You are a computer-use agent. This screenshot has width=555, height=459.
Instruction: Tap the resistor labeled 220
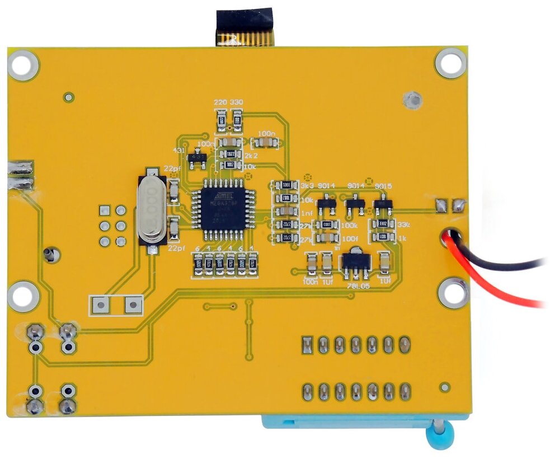point(222,121)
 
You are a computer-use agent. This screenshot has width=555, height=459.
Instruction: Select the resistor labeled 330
point(237,121)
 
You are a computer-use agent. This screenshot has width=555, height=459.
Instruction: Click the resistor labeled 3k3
point(286,185)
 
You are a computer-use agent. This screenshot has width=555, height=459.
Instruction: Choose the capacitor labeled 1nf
point(286,211)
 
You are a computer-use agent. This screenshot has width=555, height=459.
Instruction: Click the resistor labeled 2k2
point(228,153)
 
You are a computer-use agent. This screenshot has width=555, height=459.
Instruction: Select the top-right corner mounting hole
point(450,63)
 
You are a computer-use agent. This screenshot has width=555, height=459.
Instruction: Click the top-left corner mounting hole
point(22,65)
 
